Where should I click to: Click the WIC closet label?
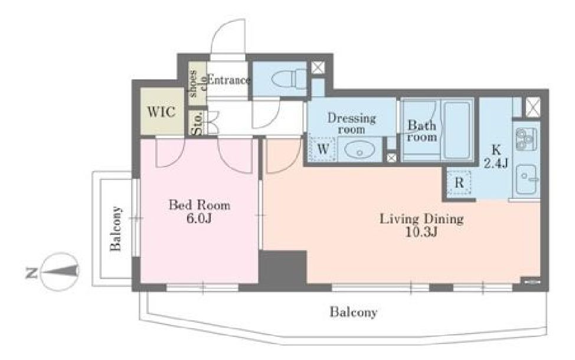click(161, 112)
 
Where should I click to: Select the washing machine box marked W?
click(322, 149)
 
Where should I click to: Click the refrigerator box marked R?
click(459, 182)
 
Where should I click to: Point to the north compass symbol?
click(59, 271)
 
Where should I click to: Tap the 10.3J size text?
click(422, 232)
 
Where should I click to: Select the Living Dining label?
click(422, 219)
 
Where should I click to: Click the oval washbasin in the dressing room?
click(360, 150)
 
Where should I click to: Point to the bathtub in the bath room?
click(457, 130)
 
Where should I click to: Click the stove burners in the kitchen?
click(526, 139)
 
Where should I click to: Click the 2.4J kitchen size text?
click(496, 163)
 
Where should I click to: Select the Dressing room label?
click(351, 123)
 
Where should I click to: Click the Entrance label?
click(228, 80)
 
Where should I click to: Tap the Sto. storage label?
click(197, 124)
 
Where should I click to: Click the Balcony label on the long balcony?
click(353, 312)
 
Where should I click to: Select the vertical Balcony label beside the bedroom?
click(116, 228)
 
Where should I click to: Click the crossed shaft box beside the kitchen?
click(533, 107)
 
